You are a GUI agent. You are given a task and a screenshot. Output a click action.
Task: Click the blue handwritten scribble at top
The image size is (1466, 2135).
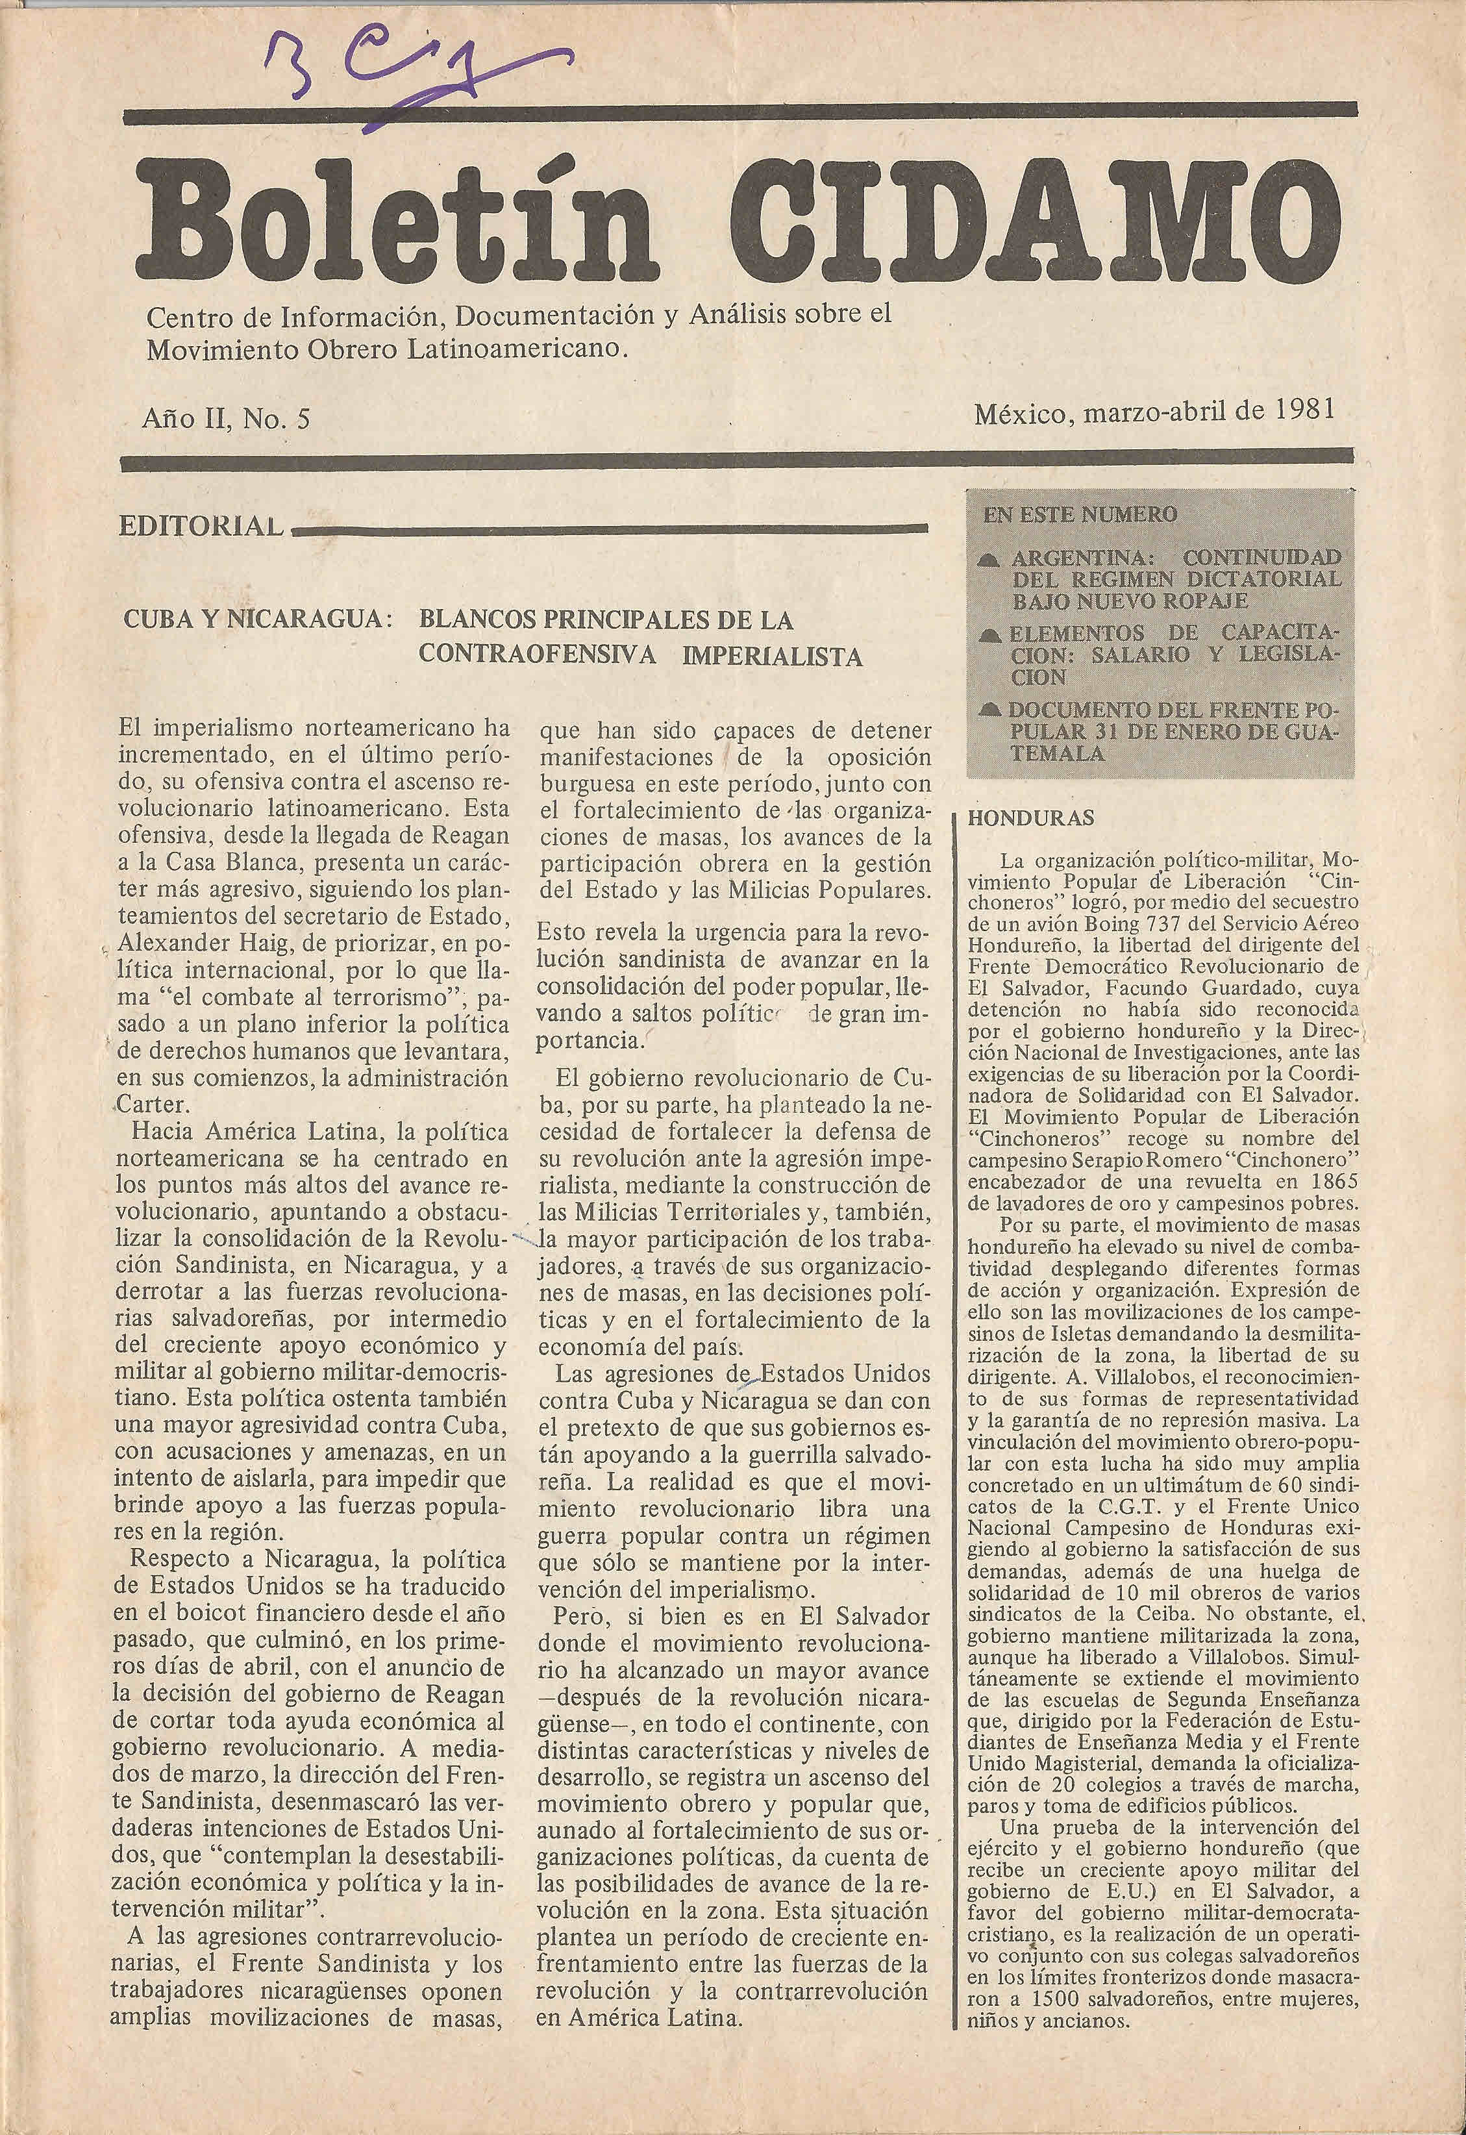click(414, 78)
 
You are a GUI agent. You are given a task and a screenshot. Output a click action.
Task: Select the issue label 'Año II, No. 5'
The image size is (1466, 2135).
click(226, 419)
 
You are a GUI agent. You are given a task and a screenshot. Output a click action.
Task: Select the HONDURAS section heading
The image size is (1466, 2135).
click(1018, 818)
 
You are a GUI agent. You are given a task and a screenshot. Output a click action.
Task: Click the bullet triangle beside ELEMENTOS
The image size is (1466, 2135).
click(990, 635)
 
